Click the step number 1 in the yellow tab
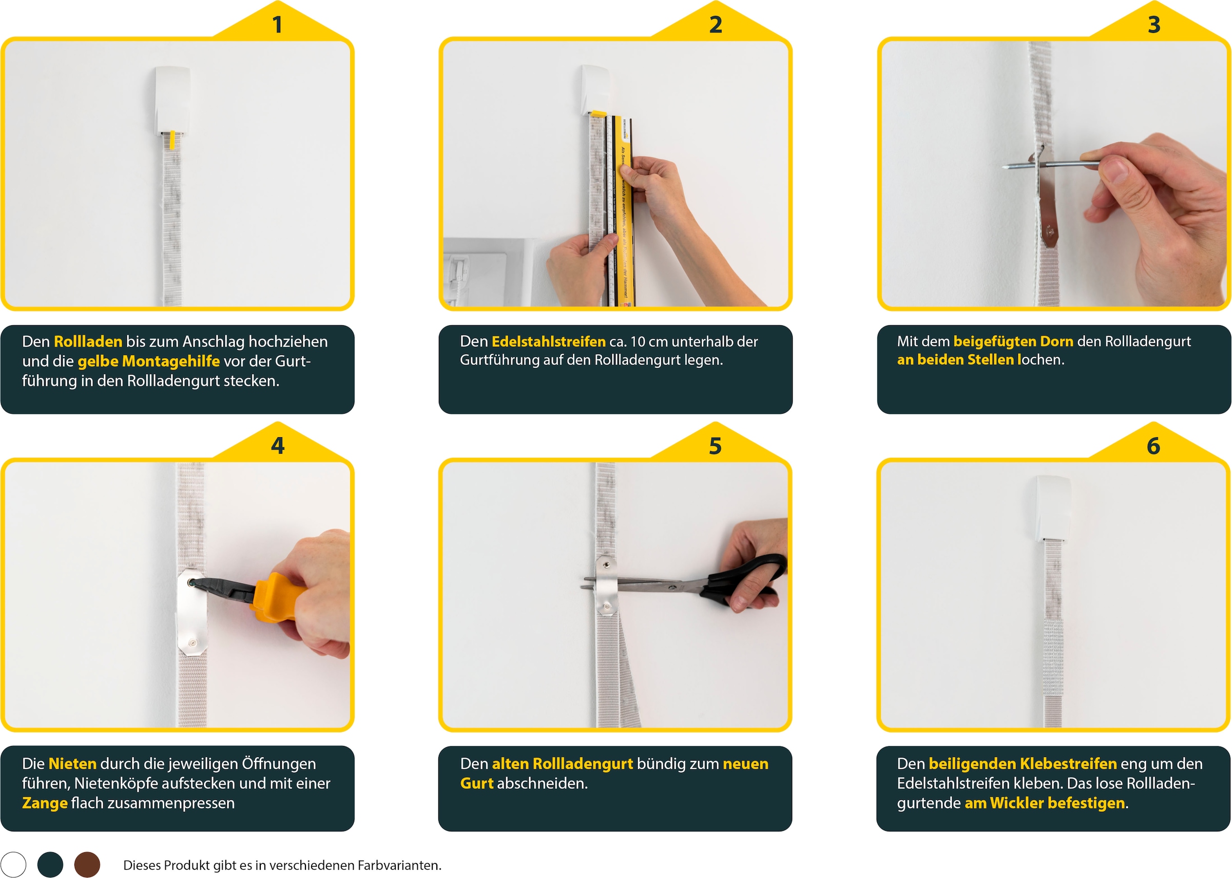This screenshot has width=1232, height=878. (277, 25)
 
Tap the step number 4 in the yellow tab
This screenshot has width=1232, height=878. (277, 446)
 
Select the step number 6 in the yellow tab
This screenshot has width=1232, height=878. (1153, 446)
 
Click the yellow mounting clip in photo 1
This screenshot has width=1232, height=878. (172, 140)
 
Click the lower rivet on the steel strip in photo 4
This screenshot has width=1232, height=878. (192, 643)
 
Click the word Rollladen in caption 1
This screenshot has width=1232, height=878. (88, 342)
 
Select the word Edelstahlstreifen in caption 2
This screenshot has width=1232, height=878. (548, 342)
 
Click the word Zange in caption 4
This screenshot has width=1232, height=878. (44, 804)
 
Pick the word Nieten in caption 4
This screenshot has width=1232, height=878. (72, 764)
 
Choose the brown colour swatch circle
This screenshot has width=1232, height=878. (87, 865)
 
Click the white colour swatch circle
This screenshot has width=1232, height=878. (13, 865)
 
